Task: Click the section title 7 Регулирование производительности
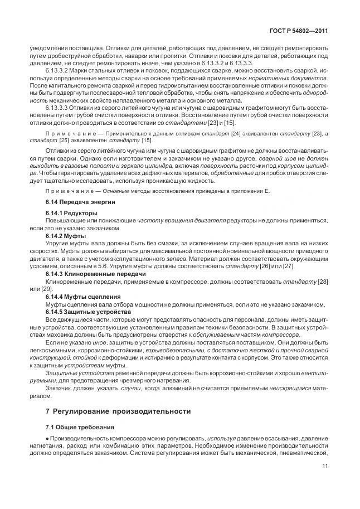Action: [117, 411]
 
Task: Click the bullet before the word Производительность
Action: [48, 440]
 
